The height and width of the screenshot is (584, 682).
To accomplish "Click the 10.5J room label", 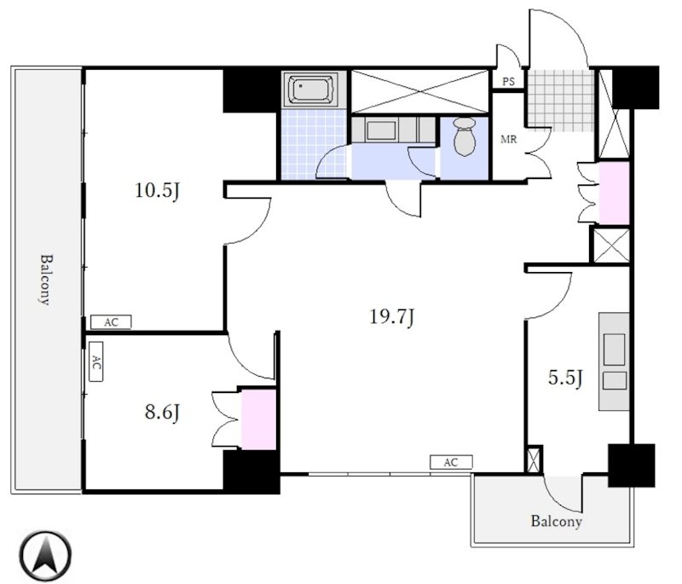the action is (x=157, y=191).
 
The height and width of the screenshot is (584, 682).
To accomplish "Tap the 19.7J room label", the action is (x=391, y=317).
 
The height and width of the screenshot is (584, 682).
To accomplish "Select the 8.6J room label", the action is (x=162, y=412).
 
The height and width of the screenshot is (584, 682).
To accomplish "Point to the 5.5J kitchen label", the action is (x=565, y=378).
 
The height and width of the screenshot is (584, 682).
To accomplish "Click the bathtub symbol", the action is (x=310, y=89).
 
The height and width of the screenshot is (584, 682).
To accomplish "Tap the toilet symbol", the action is (x=464, y=136).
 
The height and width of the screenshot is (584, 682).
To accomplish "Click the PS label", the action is (x=508, y=81).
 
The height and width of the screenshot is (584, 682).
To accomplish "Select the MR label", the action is (x=508, y=140).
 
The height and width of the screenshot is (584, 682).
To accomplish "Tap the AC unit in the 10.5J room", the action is (x=111, y=322).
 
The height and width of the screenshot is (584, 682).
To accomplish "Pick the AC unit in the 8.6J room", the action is (x=96, y=361).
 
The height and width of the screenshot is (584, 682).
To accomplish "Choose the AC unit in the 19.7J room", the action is (x=451, y=462).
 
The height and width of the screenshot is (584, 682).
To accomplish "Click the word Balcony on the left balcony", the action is (x=45, y=280).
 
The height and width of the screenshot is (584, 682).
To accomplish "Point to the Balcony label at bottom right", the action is (x=557, y=521).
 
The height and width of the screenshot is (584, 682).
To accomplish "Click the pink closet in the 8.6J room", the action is (x=259, y=419).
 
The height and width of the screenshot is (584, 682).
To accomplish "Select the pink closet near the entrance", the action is (x=614, y=193).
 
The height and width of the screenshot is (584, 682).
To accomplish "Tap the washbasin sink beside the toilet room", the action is (x=381, y=130).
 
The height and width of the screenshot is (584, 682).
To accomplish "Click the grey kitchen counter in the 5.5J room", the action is (x=614, y=361).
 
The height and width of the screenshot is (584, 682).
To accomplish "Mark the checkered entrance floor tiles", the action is (x=561, y=101).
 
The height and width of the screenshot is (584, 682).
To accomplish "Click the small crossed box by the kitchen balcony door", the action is (x=535, y=459).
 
